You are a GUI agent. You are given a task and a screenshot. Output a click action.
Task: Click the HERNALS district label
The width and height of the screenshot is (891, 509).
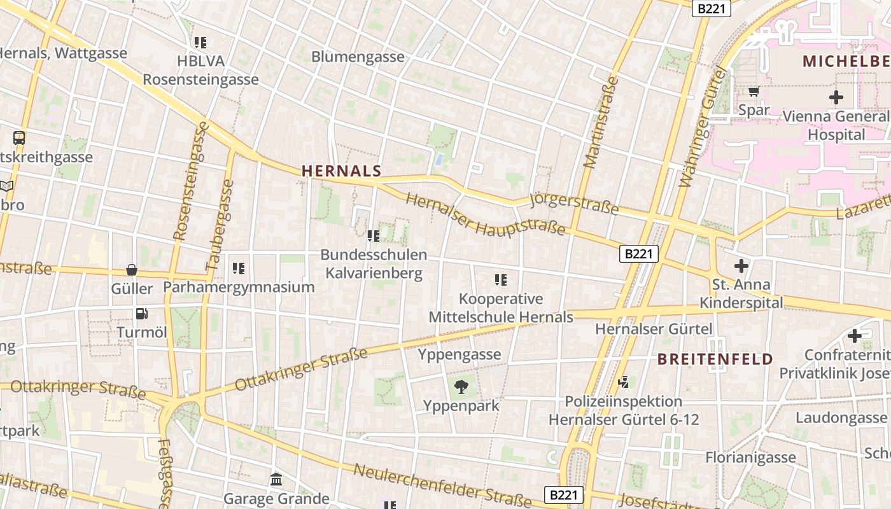(x=341, y=171)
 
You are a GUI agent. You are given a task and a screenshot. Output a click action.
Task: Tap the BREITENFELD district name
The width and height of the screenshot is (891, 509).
(x=715, y=359)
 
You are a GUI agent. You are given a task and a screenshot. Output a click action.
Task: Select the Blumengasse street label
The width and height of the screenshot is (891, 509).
(x=358, y=57)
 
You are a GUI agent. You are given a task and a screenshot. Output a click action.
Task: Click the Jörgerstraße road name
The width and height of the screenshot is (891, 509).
(x=574, y=202)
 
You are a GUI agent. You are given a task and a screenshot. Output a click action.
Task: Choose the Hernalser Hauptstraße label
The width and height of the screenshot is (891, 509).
(x=485, y=214)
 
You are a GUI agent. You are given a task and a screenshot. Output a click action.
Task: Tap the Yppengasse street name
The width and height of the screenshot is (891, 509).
(x=459, y=354)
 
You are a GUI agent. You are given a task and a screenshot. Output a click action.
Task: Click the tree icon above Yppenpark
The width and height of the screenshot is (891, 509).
(x=461, y=386)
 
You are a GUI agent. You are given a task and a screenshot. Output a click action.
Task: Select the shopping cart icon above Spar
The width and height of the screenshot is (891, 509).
(x=754, y=92)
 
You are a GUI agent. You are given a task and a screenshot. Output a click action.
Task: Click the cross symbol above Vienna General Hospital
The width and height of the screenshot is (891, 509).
(x=836, y=97)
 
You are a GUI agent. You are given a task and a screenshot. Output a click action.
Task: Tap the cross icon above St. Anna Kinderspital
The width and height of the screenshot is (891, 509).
(x=741, y=265)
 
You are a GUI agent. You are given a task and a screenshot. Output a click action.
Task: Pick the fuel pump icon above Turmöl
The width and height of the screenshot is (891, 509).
(x=141, y=313)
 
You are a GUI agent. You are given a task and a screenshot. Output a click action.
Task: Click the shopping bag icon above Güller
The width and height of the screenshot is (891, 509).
(x=132, y=270)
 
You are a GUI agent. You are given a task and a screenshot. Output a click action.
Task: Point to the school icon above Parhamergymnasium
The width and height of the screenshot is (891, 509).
(x=239, y=268)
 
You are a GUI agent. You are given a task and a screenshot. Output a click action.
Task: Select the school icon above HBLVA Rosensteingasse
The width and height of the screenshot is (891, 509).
(x=200, y=43)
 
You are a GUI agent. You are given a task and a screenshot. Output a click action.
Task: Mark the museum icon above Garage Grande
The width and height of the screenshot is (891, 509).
(x=276, y=479)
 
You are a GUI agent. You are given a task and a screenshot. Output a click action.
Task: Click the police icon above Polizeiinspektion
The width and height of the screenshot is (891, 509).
(x=624, y=382)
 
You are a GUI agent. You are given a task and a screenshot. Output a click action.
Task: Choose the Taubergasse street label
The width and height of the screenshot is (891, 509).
(x=220, y=224)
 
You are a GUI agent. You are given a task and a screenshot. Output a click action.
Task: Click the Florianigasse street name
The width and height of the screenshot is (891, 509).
(x=750, y=457)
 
